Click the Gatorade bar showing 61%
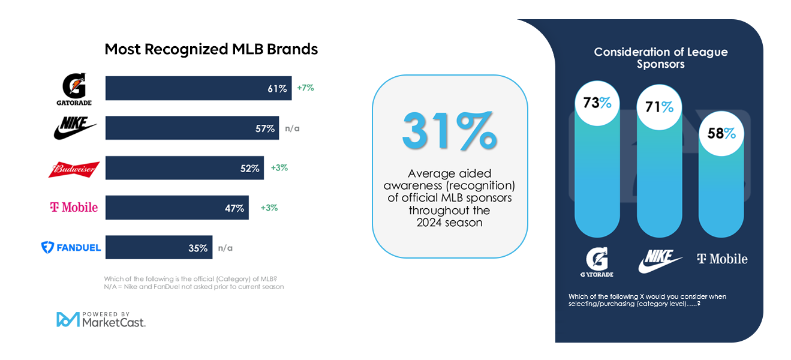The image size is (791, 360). [x=198, y=88]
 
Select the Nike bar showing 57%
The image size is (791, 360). [x=192, y=128]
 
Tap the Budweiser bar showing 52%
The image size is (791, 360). [x=185, y=168]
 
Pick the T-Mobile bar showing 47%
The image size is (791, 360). [x=177, y=208]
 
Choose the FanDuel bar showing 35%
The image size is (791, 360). [x=159, y=247]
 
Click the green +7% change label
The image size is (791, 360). [x=305, y=88]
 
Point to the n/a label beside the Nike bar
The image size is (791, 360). [x=292, y=128]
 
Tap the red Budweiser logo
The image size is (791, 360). [x=74, y=169]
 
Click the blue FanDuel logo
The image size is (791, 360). [x=71, y=247]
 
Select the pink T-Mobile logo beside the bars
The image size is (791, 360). [x=74, y=208]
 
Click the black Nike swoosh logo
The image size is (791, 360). [x=75, y=128]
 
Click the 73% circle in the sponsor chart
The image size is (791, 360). [x=597, y=103]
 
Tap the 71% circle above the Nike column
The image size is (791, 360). [x=659, y=107]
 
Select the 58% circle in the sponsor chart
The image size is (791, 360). [x=721, y=133]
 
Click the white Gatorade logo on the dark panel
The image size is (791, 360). [x=597, y=262]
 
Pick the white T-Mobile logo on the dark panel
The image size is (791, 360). [x=722, y=259]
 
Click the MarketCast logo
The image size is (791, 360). [x=101, y=319]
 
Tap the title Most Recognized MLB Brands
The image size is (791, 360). [x=211, y=49]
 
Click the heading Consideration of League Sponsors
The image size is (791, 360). [x=660, y=58]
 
